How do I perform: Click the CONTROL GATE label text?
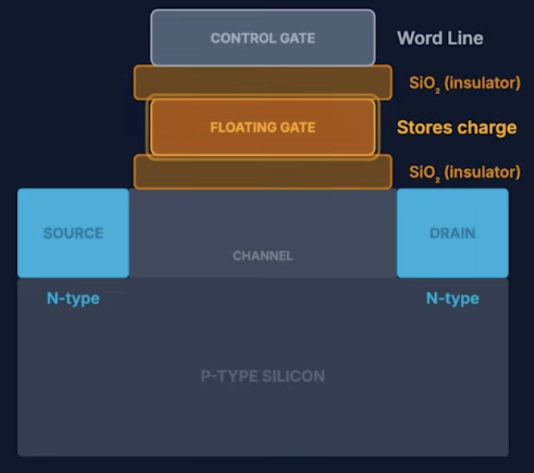point(262,38)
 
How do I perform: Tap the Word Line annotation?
point(440,38)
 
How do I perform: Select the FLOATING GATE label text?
point(262,127)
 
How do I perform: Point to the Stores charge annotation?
point(457,128)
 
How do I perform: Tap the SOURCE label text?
point(73,233)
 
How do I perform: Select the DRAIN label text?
point(453,233)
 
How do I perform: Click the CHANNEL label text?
point(262,256)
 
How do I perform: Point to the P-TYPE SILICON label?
point(262,376)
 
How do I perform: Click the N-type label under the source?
point(73,298)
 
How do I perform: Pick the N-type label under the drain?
point(453,298)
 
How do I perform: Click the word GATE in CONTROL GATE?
point(298,38)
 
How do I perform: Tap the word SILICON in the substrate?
point(294,376)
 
